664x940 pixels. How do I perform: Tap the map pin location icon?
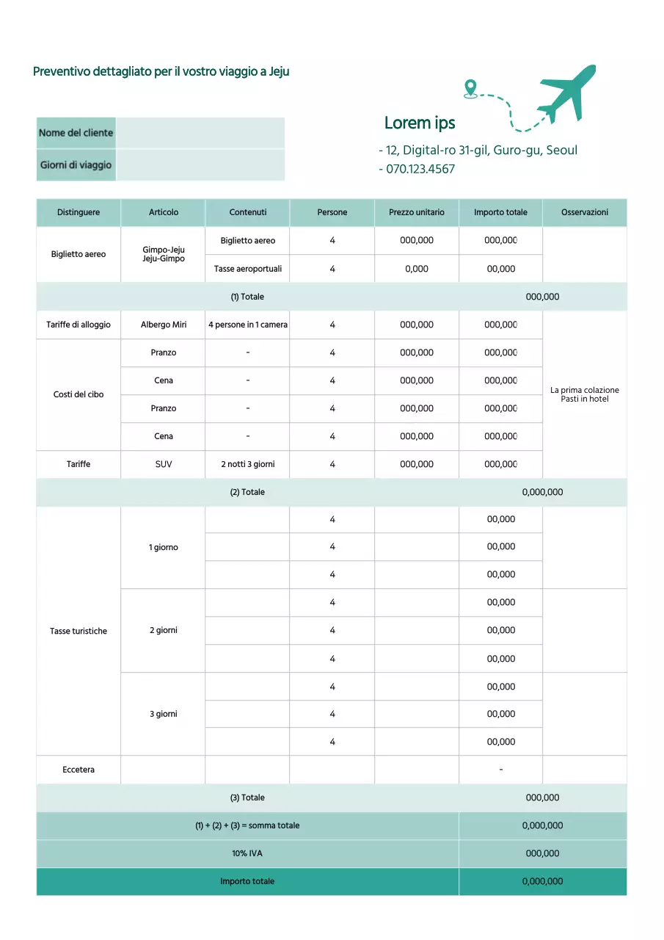coord(470,89)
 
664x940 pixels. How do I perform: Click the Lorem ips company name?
coord(420,123)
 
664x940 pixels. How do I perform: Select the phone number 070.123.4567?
coord(420,169)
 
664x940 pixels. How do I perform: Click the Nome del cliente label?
coord(76,133)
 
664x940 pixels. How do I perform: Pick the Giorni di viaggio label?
coord(76,164)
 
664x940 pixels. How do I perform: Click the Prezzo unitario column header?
coord(417,212)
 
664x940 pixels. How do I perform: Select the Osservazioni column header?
coord(585,212)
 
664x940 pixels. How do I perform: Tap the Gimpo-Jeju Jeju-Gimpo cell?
coord(164,254)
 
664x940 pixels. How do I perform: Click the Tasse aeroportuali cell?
coord(248,269)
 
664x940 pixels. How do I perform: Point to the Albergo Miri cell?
coord(164,325)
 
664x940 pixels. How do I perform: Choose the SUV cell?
coord(164,464)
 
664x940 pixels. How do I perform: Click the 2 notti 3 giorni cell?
coord(248,464)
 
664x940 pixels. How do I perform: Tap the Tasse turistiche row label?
coord(79,631)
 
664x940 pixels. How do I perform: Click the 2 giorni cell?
coord(164,630)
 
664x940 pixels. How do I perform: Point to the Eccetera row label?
coord(79,770)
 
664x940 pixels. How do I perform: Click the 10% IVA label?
coord(247,853)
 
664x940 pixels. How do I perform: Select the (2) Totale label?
coord(247,492)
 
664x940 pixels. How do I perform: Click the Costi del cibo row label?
coord(79,394)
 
